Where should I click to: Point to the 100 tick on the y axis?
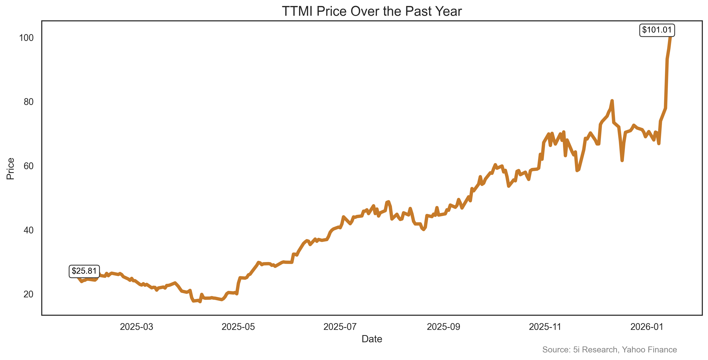point(26,38)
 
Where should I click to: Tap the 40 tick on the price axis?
point(28,230)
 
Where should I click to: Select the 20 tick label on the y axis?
point(28,294)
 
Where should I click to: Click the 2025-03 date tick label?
point(137,327)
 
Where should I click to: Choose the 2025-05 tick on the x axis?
point(238,327)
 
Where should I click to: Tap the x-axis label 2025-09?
point(443,327)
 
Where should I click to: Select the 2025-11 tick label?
point(545,327)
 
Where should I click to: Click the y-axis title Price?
point(10,169)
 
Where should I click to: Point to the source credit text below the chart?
point(609,350)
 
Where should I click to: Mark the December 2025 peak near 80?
point(612,101)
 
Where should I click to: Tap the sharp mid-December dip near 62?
point(622,160)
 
